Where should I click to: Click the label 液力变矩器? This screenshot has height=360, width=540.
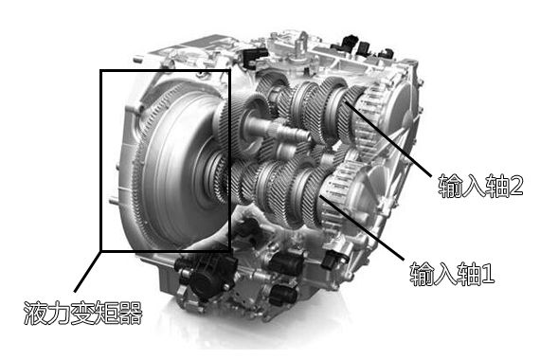coord(82,313)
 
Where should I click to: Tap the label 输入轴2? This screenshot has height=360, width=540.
coord(480,186)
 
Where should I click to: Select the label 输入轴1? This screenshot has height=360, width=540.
coord(452,274)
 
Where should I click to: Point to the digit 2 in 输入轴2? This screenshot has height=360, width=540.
coord(516,186)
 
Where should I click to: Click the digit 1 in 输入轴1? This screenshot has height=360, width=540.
coord(488,274)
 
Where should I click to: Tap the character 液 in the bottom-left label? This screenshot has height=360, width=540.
coord(35,313)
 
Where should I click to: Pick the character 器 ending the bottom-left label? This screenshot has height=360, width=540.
coord(131,313)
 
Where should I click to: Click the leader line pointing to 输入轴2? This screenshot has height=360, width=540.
coord(387,139)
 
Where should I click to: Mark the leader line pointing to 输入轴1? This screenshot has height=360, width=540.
coord(362,227)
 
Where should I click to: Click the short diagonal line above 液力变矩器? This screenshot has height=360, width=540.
coord(87,272)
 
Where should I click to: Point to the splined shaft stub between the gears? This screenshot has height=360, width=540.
coord(289,131)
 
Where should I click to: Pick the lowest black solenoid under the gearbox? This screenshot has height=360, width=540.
coord(283,296)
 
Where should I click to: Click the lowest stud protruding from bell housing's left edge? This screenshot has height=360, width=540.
coord(115,201)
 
